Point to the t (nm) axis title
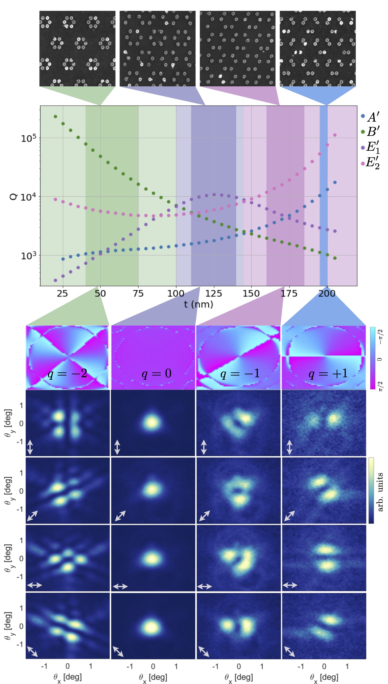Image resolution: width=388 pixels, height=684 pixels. (198, 305)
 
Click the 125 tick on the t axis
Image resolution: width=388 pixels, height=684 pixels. (214, 293)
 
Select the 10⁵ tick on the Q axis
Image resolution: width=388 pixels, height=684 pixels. (28, 138)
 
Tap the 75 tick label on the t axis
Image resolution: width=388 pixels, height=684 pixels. (138, 293)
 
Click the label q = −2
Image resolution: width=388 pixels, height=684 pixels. (67, 374)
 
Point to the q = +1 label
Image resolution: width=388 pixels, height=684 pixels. (328, 374)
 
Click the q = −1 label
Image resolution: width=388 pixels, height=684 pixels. (240, 374)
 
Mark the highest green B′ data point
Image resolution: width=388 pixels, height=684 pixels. (55, 117)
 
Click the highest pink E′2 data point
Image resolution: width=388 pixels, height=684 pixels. (335, 135)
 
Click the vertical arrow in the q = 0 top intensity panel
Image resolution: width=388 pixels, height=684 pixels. (117, 448)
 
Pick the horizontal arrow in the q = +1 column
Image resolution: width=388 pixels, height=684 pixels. (290, 585)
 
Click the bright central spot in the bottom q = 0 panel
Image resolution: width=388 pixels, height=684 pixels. (151, 627)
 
